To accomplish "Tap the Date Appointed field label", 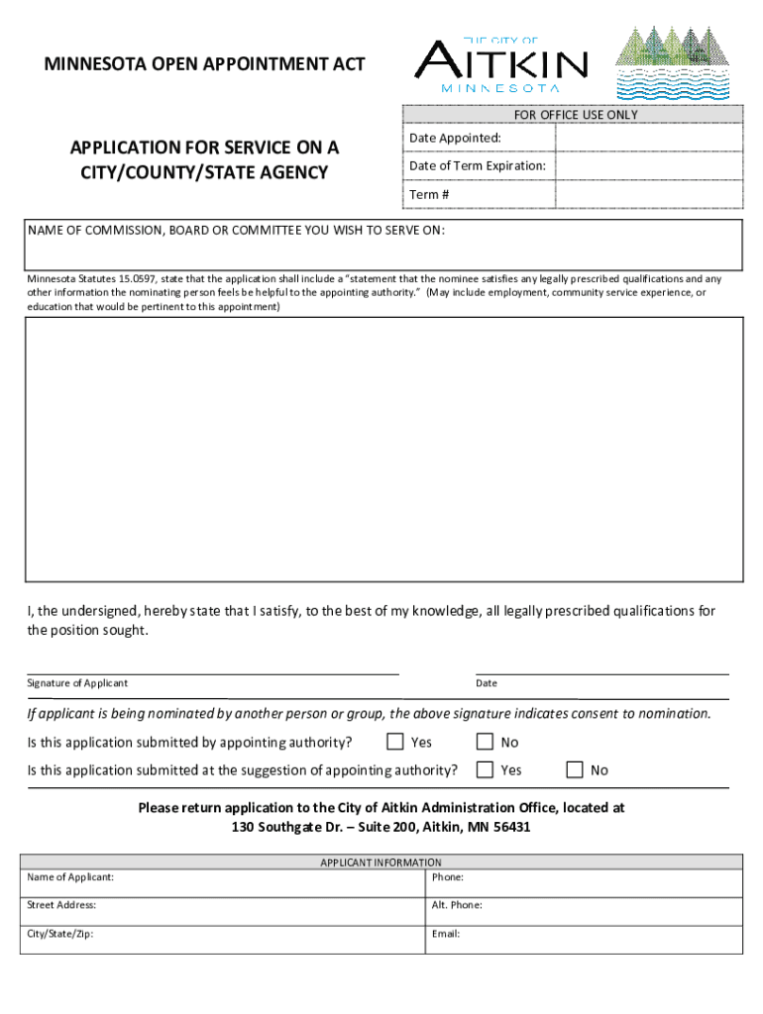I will [455, 138].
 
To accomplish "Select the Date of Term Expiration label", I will [477, 165].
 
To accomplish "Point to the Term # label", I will [429, 194].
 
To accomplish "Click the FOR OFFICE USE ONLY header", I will [576, 115].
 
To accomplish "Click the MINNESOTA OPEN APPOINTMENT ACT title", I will [204, 64].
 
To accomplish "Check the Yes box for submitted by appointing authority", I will [395, 742].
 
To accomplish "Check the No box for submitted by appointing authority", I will [485, 742].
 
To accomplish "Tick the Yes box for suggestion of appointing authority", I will [485, 769].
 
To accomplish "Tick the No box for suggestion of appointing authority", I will [574, 769].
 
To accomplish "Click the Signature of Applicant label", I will [77, 683].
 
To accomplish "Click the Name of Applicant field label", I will [70, 877].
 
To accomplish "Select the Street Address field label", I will [61, 905].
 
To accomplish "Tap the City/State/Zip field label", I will [60, 933].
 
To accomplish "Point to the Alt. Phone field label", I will [457, 905].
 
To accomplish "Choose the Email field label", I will [446, 933].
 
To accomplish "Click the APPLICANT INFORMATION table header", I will [381, 862].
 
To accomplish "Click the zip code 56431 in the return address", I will [510, 827].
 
